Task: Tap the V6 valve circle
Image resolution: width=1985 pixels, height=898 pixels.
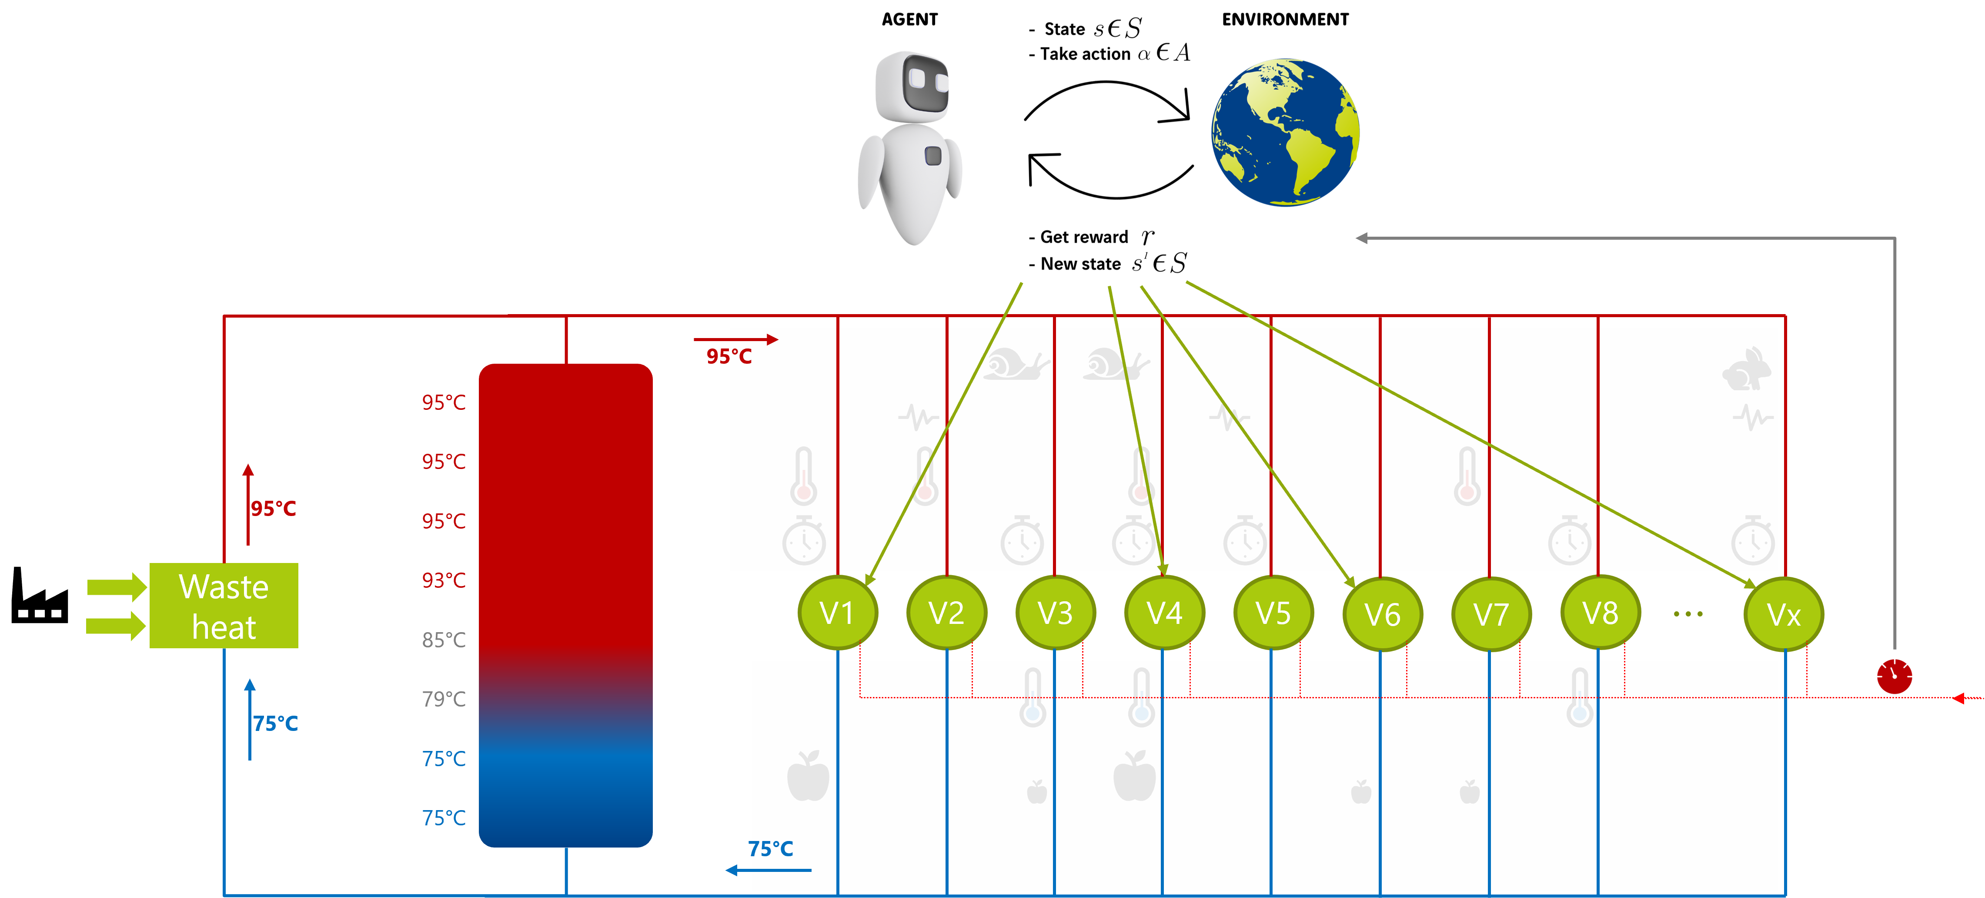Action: coord(1382,614)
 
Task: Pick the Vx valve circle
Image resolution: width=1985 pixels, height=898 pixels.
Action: coord(1783,614)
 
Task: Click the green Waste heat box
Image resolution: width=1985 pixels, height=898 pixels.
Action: coord(224,606)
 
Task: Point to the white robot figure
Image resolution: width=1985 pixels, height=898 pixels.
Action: coord(912,147)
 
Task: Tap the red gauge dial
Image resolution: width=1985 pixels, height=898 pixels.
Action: coord(1894,676)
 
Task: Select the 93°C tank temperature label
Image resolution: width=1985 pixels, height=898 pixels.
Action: coord(444,580)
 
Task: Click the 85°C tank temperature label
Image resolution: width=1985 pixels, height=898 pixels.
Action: coord(444,640)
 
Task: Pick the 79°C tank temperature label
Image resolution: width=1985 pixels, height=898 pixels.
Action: coord(444,699)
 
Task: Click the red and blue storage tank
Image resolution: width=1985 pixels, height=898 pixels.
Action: coord(565,605)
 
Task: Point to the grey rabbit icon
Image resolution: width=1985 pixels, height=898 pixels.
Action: coord(1747,369)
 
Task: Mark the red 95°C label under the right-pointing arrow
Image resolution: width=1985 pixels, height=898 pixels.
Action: coord(729,356)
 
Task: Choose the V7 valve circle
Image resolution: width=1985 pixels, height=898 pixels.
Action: coord(1491,614)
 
